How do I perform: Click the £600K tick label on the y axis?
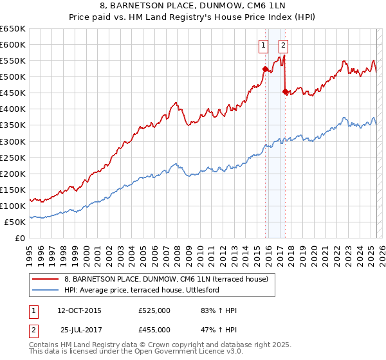coord(13,44)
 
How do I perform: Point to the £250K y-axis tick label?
coord(13,157)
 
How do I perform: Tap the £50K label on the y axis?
coord(15,222)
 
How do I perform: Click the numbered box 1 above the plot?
coord(264,45)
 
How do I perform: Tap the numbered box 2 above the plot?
coord(284,45)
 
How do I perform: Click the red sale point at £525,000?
coord(265,69)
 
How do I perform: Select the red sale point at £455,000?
coord(285,91)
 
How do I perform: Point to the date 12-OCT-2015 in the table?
coord(79,310)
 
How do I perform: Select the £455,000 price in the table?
coord(154,329)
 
